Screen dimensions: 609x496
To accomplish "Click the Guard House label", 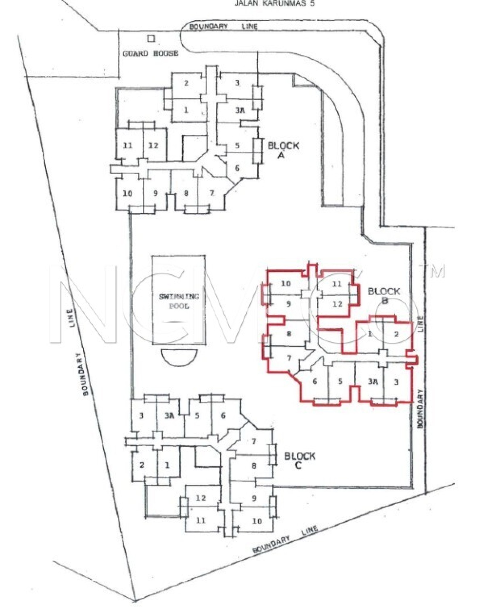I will (x=150, y=54).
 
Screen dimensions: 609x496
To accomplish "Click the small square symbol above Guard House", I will (x=151, y=39).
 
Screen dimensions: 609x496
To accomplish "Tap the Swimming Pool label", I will (x=179, y=301).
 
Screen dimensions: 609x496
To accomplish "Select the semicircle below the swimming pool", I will (x=179, y=357).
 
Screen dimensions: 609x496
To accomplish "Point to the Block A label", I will (x=283, y=150).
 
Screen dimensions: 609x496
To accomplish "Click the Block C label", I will (x=299, y=460).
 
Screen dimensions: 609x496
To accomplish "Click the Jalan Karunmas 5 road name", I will (x=274, y=4).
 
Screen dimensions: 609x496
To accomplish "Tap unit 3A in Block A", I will (x=240, y=110).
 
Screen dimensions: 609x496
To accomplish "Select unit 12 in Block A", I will (x=153, y=145).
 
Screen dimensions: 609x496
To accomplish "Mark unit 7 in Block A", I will (x=212, y=193).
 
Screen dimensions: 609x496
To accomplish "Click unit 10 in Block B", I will (x=285, y=284).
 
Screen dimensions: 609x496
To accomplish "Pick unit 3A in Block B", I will (x=373, y=382).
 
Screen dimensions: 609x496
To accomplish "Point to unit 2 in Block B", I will (x=396, y=334).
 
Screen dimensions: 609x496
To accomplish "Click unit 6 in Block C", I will (x=223, y=415).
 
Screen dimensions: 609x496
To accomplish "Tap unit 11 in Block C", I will (x=201, y=520).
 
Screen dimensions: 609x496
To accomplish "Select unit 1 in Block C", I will (x=167, y=465).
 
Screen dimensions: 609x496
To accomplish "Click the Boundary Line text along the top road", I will (x=223, y=26).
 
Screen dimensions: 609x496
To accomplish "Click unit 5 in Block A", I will (x=237, y=145).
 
